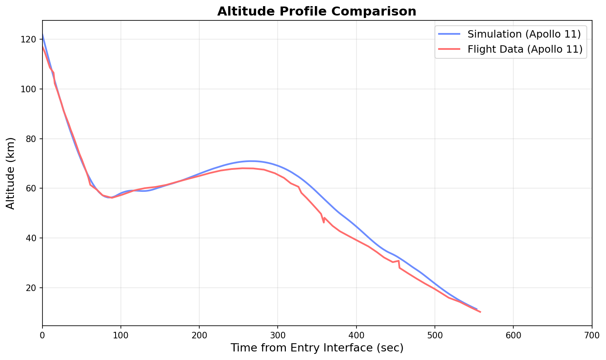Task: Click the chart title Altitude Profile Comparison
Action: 316,11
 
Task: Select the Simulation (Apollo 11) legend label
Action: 524,33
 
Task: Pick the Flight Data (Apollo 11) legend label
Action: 525,49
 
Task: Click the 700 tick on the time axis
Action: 592,335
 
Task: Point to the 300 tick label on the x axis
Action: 278,335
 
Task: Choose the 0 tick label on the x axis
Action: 42,335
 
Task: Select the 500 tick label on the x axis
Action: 434,335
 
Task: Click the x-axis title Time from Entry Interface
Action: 317,348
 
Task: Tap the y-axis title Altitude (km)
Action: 11,173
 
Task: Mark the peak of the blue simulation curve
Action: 251,161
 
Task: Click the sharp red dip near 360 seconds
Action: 324,222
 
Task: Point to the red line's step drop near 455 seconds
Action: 399,264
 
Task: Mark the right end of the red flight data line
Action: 480,312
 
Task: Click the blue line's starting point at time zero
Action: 42,35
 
